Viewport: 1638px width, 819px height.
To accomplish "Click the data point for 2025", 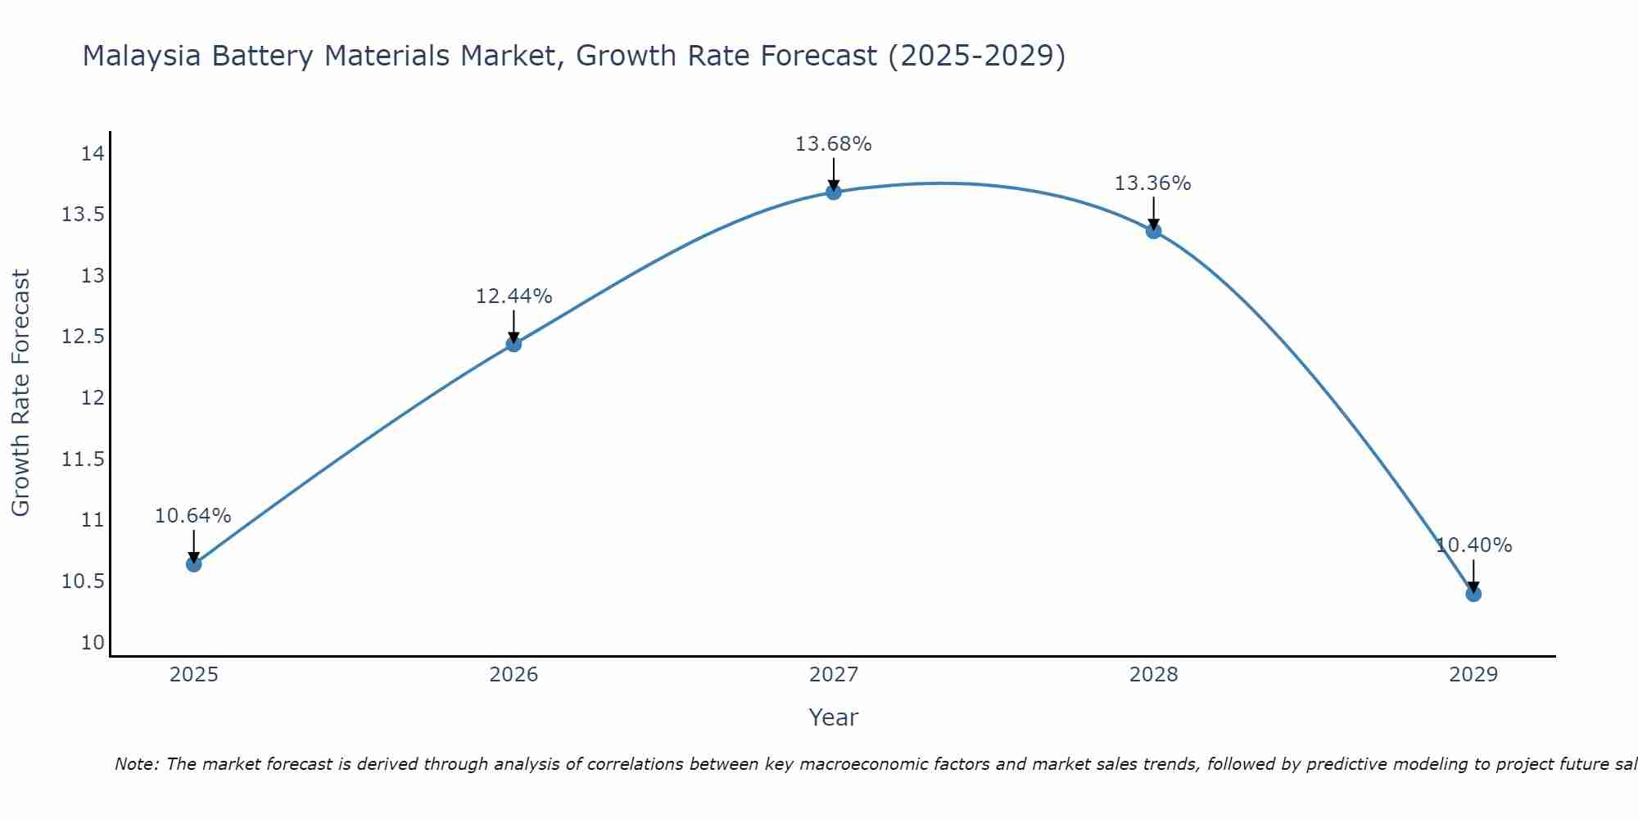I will coord(193,563).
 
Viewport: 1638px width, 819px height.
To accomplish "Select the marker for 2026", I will coord(514,344).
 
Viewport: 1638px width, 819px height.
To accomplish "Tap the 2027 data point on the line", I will coord(834,192).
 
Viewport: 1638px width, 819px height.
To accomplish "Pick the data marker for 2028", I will coord(1153,231).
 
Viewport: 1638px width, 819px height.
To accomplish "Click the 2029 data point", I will coord(1473,593).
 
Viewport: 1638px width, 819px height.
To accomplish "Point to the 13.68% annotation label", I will coord(833,144).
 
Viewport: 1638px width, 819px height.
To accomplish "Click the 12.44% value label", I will coord(514,296).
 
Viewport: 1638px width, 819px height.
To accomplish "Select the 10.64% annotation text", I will coord(193,516).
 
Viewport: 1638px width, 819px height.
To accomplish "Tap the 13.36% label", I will coord(1152,183).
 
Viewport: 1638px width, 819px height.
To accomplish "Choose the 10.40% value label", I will coord(1473,545).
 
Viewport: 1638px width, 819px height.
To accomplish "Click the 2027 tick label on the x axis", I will coord(833,675).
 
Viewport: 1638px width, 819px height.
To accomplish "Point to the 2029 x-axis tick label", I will coord(1473,675).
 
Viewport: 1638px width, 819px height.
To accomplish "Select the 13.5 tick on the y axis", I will coord(83,215).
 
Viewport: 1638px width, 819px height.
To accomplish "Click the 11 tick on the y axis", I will coord(93,520).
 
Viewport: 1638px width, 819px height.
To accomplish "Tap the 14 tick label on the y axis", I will coord(93,154).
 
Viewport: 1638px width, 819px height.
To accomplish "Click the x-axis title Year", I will coord(833,717).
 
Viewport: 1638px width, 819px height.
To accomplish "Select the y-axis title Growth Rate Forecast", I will coord(20,393).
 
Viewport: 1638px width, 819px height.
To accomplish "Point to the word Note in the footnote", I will coord(136,764).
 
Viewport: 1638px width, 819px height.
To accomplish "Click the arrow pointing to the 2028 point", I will coord(1153,213).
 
